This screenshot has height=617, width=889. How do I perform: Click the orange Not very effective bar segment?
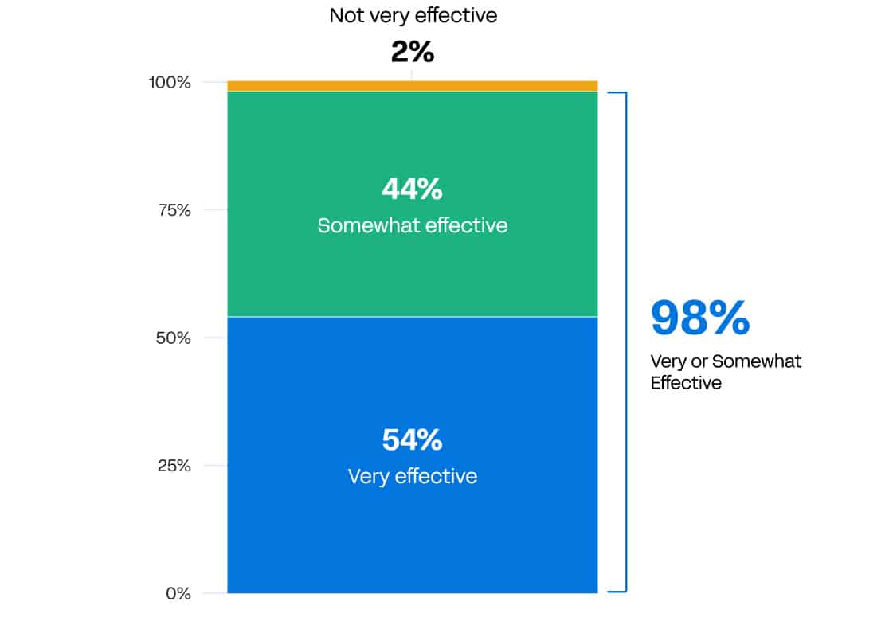coord(413,86)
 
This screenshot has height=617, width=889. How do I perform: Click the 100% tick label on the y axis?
coord(170,82)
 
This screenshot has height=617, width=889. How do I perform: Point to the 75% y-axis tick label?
coord(174,210)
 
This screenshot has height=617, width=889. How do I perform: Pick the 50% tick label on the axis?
coord(174,338)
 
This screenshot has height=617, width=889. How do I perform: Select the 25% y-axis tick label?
coord(174,466)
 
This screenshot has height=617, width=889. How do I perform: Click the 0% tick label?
coord(179,593)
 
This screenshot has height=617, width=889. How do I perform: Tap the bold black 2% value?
coord(413,53)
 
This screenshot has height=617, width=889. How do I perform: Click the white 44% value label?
coord(413,189)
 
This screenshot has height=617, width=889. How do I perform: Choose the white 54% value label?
coord(413,440)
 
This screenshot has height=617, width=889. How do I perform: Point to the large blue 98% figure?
coord(700,318)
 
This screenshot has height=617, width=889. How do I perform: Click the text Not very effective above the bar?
coord(413,15)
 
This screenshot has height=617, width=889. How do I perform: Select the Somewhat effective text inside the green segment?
coord(413,225)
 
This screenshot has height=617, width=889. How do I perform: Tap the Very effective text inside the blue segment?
coord(413,476)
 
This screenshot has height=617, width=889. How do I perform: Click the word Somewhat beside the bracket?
coord(756,361)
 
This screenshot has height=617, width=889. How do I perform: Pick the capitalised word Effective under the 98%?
coord(686,382)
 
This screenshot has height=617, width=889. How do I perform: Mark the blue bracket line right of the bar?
coord(626,342)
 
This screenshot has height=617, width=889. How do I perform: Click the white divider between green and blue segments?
coord(413,317)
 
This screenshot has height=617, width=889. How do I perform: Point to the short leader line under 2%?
coord(412,75)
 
